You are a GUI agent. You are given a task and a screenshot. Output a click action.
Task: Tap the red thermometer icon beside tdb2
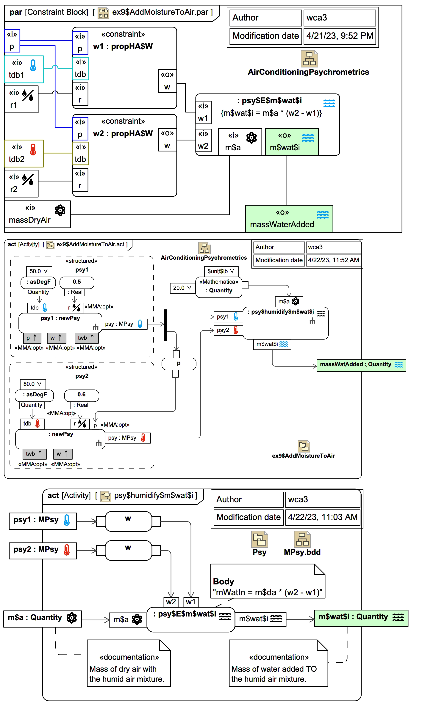[33, 149]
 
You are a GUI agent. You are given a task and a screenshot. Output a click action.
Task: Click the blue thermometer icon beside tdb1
[33, 65]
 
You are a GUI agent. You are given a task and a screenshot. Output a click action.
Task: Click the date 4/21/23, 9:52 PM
[339, 36]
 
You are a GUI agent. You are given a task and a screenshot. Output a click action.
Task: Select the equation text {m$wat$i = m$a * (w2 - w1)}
[271, 113]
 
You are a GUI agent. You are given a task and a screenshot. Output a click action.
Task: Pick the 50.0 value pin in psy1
[39, 271]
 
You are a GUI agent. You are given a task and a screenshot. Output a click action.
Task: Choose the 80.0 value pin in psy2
[32, 384]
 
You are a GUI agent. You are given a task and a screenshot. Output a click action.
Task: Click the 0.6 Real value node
[82, 395]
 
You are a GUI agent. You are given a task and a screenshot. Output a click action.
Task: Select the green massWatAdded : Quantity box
[361, 365]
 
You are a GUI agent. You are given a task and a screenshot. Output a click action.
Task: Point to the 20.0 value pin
[182, 288]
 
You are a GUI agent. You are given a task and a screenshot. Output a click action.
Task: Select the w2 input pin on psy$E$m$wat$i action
[171, 602]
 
